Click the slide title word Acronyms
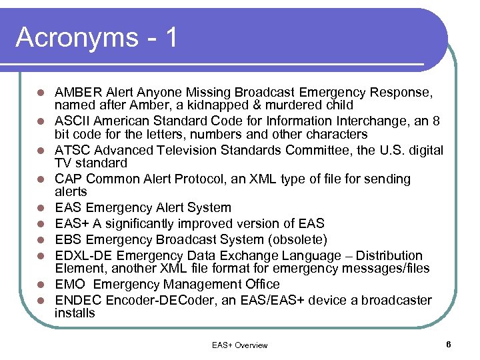tap(75, 37)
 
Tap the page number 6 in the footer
tap(449, 344)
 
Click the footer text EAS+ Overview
tap(239, 345)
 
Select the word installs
tap(75, 313)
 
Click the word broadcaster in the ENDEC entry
tap(398, 300)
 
